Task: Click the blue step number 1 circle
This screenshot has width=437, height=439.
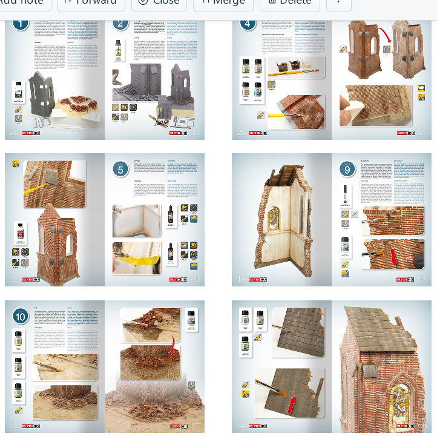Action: tap(21, 24)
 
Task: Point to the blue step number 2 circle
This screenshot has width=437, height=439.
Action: tap(120, 24)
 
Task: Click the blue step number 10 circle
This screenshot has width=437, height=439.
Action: tap(21, 316)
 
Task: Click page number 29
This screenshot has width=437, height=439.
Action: tap(422, 132)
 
